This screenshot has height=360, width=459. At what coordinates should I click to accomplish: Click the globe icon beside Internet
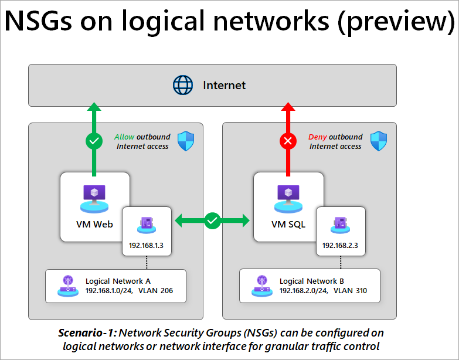pos(183,85)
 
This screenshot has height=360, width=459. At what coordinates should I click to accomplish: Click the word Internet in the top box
pos(225,85)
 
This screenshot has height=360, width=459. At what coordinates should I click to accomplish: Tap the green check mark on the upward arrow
pos(94,141)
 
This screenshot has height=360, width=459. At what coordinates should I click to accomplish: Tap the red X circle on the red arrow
pos(288,141)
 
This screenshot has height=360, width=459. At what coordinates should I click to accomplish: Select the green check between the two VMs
pos(212,220)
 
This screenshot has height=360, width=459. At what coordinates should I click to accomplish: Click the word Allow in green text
pos(124,137)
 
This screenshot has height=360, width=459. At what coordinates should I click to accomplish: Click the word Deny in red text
pos(318,137)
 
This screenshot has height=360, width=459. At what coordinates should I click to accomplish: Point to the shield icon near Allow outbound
pos(186,141)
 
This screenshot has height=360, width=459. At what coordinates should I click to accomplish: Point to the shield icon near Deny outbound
pos(379,141)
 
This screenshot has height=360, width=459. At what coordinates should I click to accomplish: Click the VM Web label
pos(94,224)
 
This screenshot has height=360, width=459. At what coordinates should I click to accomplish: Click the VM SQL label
pos(287,224)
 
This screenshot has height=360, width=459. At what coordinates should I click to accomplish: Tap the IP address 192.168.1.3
pos(147,245)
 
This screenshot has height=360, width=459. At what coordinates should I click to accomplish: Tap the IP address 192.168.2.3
pos(340,245)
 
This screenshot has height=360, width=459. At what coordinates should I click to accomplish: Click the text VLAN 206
pos(155,290)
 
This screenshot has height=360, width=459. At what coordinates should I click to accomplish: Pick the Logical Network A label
pos(118,281)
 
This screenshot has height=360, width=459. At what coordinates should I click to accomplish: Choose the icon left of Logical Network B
pos(260,285)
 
